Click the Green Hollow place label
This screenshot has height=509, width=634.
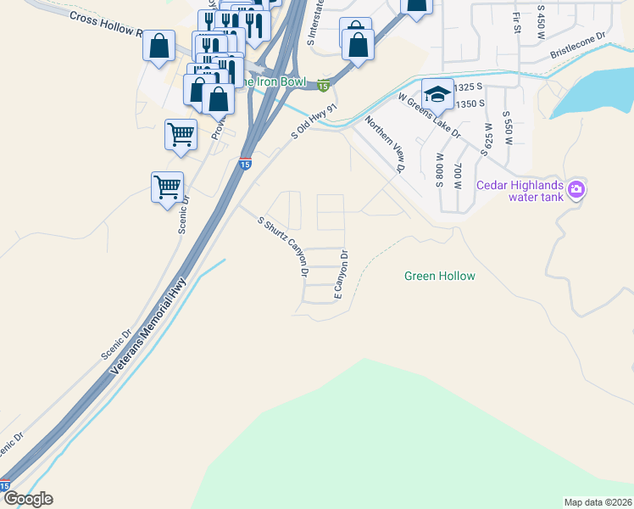click(439, 276)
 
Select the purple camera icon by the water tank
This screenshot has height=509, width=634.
click(576, 189)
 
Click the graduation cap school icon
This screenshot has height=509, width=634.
click(437, 93)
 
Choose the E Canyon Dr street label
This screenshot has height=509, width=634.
click(341, 273)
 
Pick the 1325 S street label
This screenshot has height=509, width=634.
click(469, 87)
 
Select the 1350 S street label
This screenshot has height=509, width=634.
click(469, 103)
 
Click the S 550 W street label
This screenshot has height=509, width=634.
click(508, 127)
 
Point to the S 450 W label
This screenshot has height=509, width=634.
click(541, 20)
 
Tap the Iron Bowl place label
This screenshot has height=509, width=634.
click(270, 81)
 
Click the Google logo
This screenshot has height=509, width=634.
click(27, 499)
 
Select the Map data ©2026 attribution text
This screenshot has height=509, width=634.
click(598, 502)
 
